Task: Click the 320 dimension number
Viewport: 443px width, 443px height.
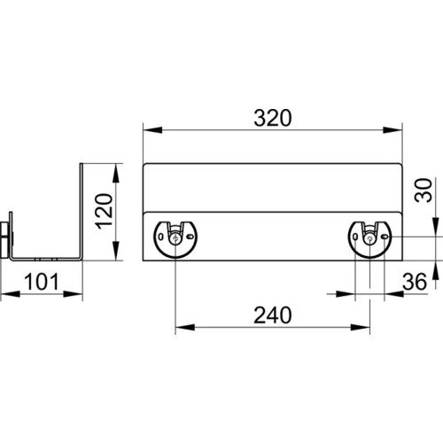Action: pyautogui.click(x=273, y=119)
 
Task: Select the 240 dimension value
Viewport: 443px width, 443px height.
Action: pyautogui.click(x=273, y=315)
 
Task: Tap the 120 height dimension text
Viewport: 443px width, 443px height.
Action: pyautogui.click(x=105, y=211)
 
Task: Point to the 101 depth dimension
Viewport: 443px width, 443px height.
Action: pyautogui.click(x=42, y=282)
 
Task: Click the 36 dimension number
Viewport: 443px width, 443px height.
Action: pyautogui.click(x=415, y=282)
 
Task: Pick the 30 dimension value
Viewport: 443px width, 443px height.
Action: pyautogui.click(x=424, y=190)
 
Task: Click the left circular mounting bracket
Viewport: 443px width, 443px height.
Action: pyautogui.click(x=175, y=239)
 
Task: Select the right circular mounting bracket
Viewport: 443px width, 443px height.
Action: pyautogui.click(x=369, y=239)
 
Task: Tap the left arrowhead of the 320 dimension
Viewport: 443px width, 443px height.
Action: pyautogui.click(x=152, y=130)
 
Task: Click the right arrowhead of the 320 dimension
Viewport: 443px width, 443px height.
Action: pyautogui.click(x=392, y=130)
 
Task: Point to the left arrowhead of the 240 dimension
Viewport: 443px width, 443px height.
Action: pyautogui.click(x=185, y=327)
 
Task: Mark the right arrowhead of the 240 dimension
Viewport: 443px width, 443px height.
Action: pyautogui.click(x=361, y=327)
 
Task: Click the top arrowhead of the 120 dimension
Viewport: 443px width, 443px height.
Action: pyautogui.click(x=115, y=173)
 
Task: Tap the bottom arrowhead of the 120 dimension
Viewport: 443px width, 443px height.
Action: pyautogui.click(x=115, y=251)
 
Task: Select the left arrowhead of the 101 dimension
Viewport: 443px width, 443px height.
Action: pyautogui.click(x=11, y=294)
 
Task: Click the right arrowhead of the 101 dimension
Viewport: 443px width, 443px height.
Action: pyautogui.click(x=73, y=294)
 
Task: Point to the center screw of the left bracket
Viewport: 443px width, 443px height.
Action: pyautogui.click(x=175, y=239)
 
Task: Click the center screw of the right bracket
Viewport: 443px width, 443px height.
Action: pyautogui.click(x=369, y=239)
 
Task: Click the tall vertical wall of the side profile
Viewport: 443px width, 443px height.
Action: pyautogui.click(x=82, y=211)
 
